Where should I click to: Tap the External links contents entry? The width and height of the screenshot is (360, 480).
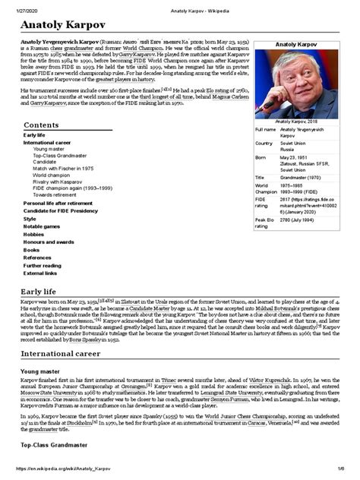coord(39,272)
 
